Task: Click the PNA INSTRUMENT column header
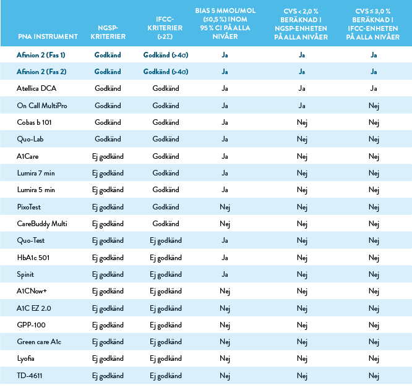48,37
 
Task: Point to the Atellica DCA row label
38,88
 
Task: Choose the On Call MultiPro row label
42,106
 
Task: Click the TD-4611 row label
30,376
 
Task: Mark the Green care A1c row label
39,342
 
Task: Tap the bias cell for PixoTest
226,206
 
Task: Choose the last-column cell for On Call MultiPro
374,106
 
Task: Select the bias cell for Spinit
226,274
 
